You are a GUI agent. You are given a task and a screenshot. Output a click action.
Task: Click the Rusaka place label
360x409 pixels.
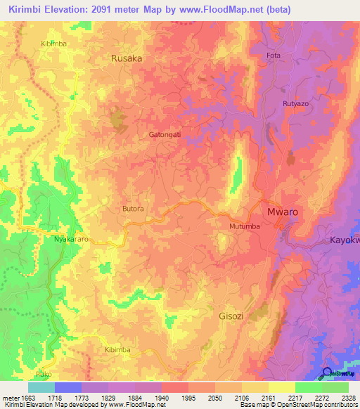coord(127,59)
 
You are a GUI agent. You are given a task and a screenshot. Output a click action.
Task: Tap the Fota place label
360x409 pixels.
coord(274,56)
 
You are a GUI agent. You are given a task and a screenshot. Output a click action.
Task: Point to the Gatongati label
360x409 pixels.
coord(165,134)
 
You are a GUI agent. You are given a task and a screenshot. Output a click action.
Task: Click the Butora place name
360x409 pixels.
coord(134,209)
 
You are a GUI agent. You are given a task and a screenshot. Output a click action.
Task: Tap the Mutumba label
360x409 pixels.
coord(245,227)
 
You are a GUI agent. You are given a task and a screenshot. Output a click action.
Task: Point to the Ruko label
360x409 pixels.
coord(44,374)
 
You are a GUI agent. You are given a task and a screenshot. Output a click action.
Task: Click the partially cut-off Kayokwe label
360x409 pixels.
coord(345,240)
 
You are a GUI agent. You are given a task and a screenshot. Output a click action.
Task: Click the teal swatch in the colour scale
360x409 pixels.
coord(41,387)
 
